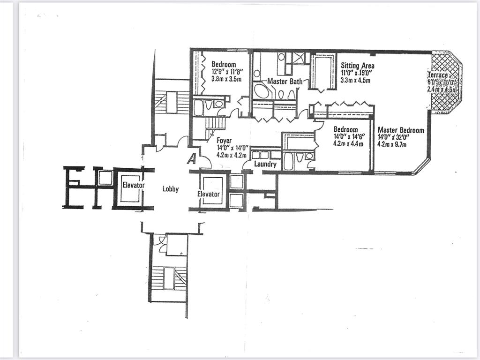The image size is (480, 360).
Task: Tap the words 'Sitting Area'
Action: coord(357,66)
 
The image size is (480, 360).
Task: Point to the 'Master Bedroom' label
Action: coord(401,130)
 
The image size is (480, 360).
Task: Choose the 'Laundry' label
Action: coord(266,165)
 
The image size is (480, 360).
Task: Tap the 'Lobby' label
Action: coord(171,189)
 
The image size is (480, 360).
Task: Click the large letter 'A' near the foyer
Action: coord(191,159)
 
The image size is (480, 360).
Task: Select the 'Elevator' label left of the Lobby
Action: coord(133,185)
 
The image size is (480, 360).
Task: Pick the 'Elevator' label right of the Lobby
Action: coord(209,194)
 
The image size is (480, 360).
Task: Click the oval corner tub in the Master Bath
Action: coord(262,90)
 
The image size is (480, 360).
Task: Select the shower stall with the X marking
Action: coord(298,58)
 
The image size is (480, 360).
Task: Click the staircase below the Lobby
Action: coord(169,277)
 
